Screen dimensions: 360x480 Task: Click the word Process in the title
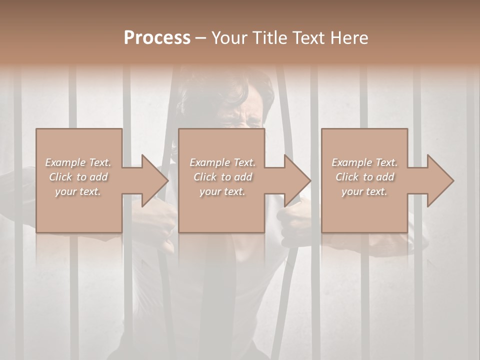coord(157,38)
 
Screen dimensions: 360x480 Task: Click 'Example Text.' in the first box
coord(78,162)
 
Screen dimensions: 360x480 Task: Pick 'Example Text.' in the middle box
coord(222,162)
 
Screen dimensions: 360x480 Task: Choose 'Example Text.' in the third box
coord(364,162)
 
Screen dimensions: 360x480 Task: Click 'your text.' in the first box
coord(78,191)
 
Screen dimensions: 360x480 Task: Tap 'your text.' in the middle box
coord(222,191)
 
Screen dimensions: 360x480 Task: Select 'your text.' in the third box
coord(364,191)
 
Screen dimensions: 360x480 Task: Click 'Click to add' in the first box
coord(78,177)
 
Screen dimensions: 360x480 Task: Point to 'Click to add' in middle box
coord(222,177)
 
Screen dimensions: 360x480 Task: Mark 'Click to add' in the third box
coord(364,177)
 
